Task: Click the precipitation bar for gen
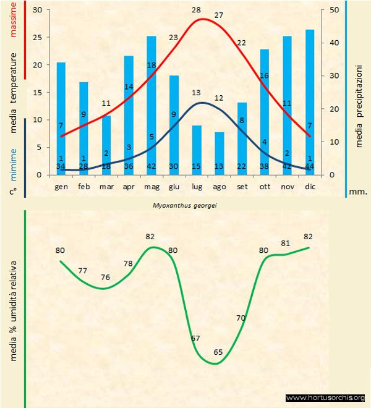click(61, 117)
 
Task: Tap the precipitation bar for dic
click(310, 102)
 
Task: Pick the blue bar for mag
click(151, 105)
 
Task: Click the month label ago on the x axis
click(220, 186)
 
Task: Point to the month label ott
click(265, 186)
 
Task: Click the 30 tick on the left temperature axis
click(37, 11)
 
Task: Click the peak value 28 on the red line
click(197, 11)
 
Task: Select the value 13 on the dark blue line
click(197, 93)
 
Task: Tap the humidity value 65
click(218, 352)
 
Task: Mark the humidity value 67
click(195, 338)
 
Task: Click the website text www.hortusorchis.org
click(325, 397)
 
